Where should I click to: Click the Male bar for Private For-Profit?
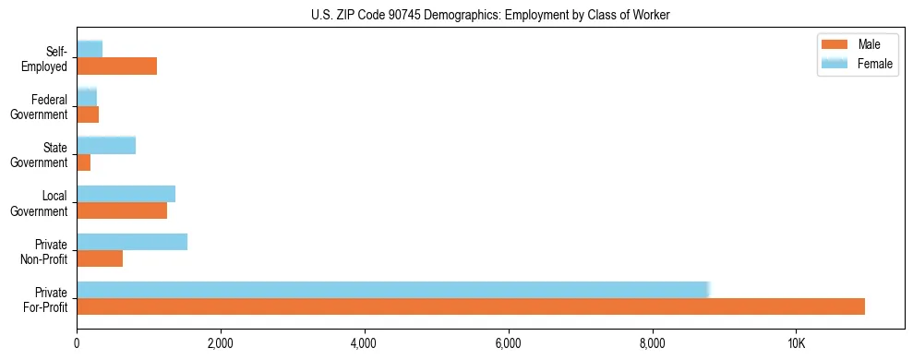click(x=471, y=306)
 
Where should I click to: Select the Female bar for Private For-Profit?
click(x=392, y=290)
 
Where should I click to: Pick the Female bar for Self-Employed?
click(x=90, y=49)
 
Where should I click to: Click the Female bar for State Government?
click(x=106, y=145)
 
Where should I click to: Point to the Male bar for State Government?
click(x=83, y=162)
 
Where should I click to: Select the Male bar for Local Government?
click(x=122, y=210)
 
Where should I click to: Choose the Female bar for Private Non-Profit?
click(x=132, y=242)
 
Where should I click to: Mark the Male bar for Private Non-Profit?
click(x=100, y=258)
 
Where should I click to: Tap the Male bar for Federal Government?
click(x=88, y=114)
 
